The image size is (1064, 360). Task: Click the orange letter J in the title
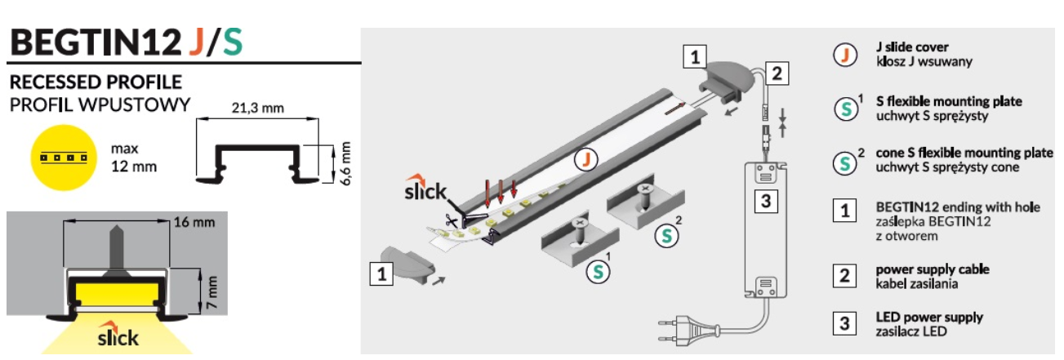[x=196, y=41]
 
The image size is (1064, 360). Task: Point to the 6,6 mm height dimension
[x=345, y=162]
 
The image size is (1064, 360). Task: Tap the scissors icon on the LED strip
[x=451, y=220]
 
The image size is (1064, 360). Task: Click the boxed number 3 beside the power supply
[x=763, y=200]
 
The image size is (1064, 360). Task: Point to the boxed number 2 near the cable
[x=777, y=74]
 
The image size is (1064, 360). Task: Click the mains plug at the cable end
[x=677, y=332]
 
